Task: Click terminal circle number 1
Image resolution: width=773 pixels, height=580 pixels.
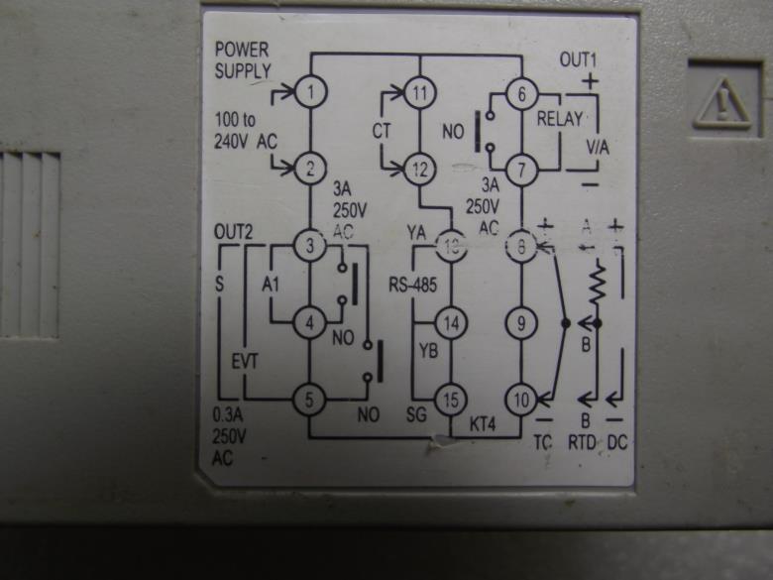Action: pyautogui.click(x=311, y=92)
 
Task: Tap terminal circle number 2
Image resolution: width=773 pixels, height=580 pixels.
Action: pyautogui.click(x=311, y=168)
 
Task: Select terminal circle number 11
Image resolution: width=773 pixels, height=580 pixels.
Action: pyautogui.click(x=421, y=94)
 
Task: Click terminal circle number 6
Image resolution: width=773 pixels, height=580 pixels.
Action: pyautogui.click(x=521, y=95)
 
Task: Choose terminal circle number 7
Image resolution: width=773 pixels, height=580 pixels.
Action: pyautogui.click(x=521, y=169)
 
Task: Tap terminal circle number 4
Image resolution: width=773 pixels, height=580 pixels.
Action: pyautogui.click(x=311, y=321)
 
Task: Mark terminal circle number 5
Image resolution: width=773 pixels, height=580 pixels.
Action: pyautogui.click(x=311, y=400)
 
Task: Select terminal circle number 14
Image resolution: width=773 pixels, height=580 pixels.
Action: pyautogui.click(x=451, y=323)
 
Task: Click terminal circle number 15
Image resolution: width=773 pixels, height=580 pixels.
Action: pyautogui.click(x=451, y=400)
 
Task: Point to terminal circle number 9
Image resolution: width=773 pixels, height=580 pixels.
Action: pyautogui.click(x=521, y=322)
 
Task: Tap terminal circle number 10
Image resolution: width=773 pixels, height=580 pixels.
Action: pyautogui.click(x=521, y=400)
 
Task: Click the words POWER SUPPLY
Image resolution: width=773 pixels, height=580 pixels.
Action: pyautogui.click(x=242, y=58)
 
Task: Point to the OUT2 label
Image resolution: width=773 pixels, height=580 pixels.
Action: pyautogui.click(x=234, y=232)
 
